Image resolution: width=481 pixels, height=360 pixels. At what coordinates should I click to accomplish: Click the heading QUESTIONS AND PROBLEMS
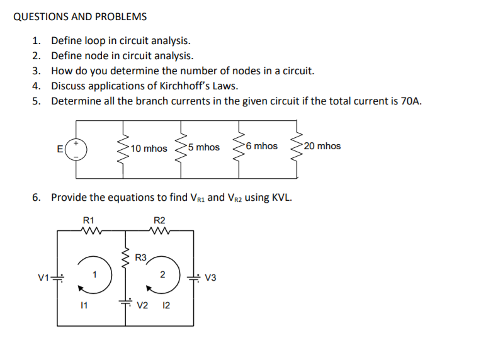coord(80,16)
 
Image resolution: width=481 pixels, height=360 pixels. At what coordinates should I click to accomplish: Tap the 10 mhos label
coord(149,149)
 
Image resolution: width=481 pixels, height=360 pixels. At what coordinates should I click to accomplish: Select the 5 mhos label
coord(203,147)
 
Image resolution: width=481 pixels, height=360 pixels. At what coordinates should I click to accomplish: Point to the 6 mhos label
coord(262,146)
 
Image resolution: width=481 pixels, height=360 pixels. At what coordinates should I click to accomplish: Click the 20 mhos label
coord(322,146)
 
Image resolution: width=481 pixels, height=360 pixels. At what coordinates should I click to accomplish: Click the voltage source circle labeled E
coord(77,149)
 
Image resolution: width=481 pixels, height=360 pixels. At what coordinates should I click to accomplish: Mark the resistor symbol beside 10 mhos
coord(123,148)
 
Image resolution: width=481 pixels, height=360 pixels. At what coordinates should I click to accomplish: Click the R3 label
coord(142,257)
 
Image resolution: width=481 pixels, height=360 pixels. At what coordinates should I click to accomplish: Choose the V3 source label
coord(211,278)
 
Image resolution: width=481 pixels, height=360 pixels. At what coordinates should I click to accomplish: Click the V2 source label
coord(142,306)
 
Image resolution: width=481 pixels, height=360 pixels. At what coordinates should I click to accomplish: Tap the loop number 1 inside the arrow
coord(94,273)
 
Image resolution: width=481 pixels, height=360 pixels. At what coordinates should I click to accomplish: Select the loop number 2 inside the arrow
coord(162,274)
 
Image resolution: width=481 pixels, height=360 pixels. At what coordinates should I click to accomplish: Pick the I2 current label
coord(166,306)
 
